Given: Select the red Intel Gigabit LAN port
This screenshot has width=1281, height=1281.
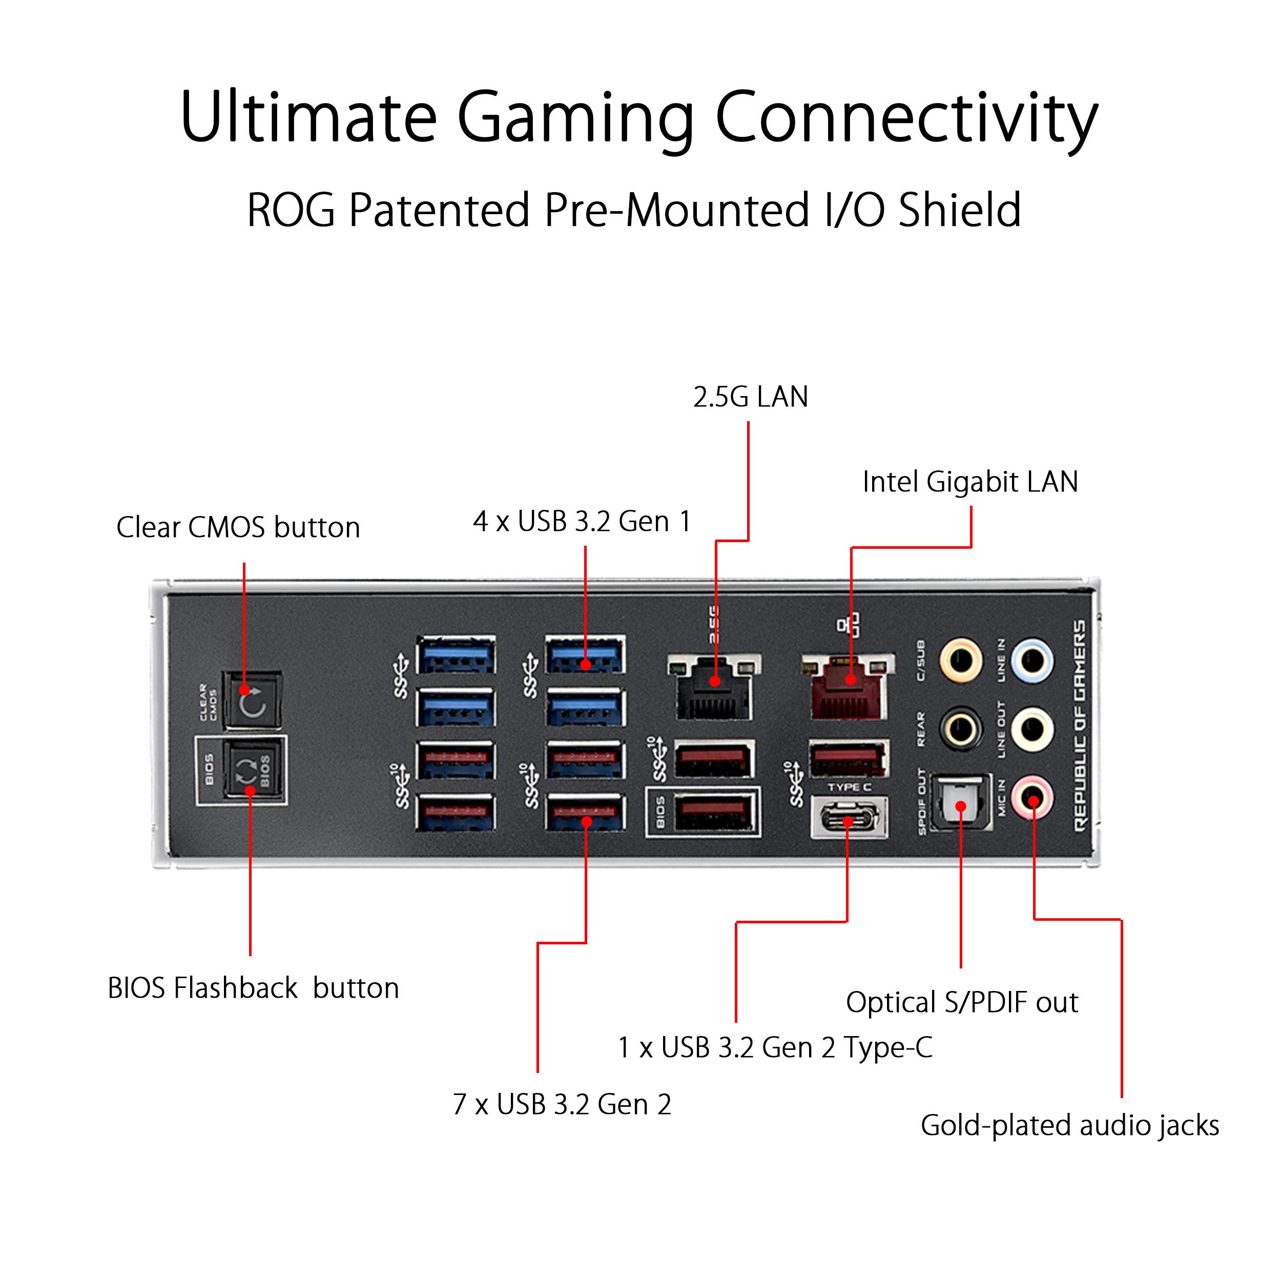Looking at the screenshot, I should coord(849,690).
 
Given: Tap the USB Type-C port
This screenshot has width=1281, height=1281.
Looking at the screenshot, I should coord(849,821).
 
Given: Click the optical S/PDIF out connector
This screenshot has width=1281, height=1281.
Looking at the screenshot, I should coord(960,803).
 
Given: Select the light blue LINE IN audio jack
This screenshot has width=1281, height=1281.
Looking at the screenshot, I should coord(1034,661).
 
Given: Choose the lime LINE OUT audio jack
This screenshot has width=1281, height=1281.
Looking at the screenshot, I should coord(1034,729).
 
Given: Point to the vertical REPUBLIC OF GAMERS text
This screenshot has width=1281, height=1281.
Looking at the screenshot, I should coord(1080,726).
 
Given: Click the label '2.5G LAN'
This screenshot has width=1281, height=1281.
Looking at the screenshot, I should coord(750,397).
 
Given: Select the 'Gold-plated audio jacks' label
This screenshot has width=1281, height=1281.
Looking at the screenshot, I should coord(1069,1126).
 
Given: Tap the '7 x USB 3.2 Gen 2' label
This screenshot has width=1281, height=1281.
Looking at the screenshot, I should coord(562,1105).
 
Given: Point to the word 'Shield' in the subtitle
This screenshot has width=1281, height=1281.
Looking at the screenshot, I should coord(959,211).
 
